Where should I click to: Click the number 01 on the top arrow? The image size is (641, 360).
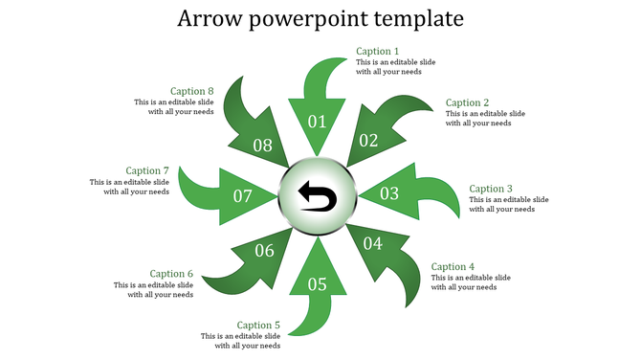(x=317, y=122)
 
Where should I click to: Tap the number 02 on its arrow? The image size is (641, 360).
(x=368, y=140)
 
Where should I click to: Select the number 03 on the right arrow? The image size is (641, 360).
(x=389, y=194)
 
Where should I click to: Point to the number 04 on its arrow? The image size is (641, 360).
(x=372, y=244)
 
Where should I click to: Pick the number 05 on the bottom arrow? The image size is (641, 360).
(x=317, y=284)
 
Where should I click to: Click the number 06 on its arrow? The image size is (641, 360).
(x=265, y=251)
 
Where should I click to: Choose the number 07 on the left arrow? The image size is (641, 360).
(x=243, y=196)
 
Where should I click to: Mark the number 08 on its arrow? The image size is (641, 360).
(x=262, y=146)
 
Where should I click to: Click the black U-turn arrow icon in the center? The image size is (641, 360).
(x=318, y=196)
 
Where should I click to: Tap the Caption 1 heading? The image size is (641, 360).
(x=378, y=52)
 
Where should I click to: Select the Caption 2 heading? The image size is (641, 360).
(x=468, y=103)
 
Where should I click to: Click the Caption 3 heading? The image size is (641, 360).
(x=492, y=190)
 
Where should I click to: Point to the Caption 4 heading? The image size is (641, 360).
(x=453, y=267)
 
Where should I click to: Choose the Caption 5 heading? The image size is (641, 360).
(x=258, y=326)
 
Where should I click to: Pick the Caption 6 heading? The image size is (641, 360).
(x=171, y=274)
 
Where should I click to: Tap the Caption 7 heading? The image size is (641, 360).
(x=147, y=171)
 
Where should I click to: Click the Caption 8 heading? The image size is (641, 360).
(x=191, y=92)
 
